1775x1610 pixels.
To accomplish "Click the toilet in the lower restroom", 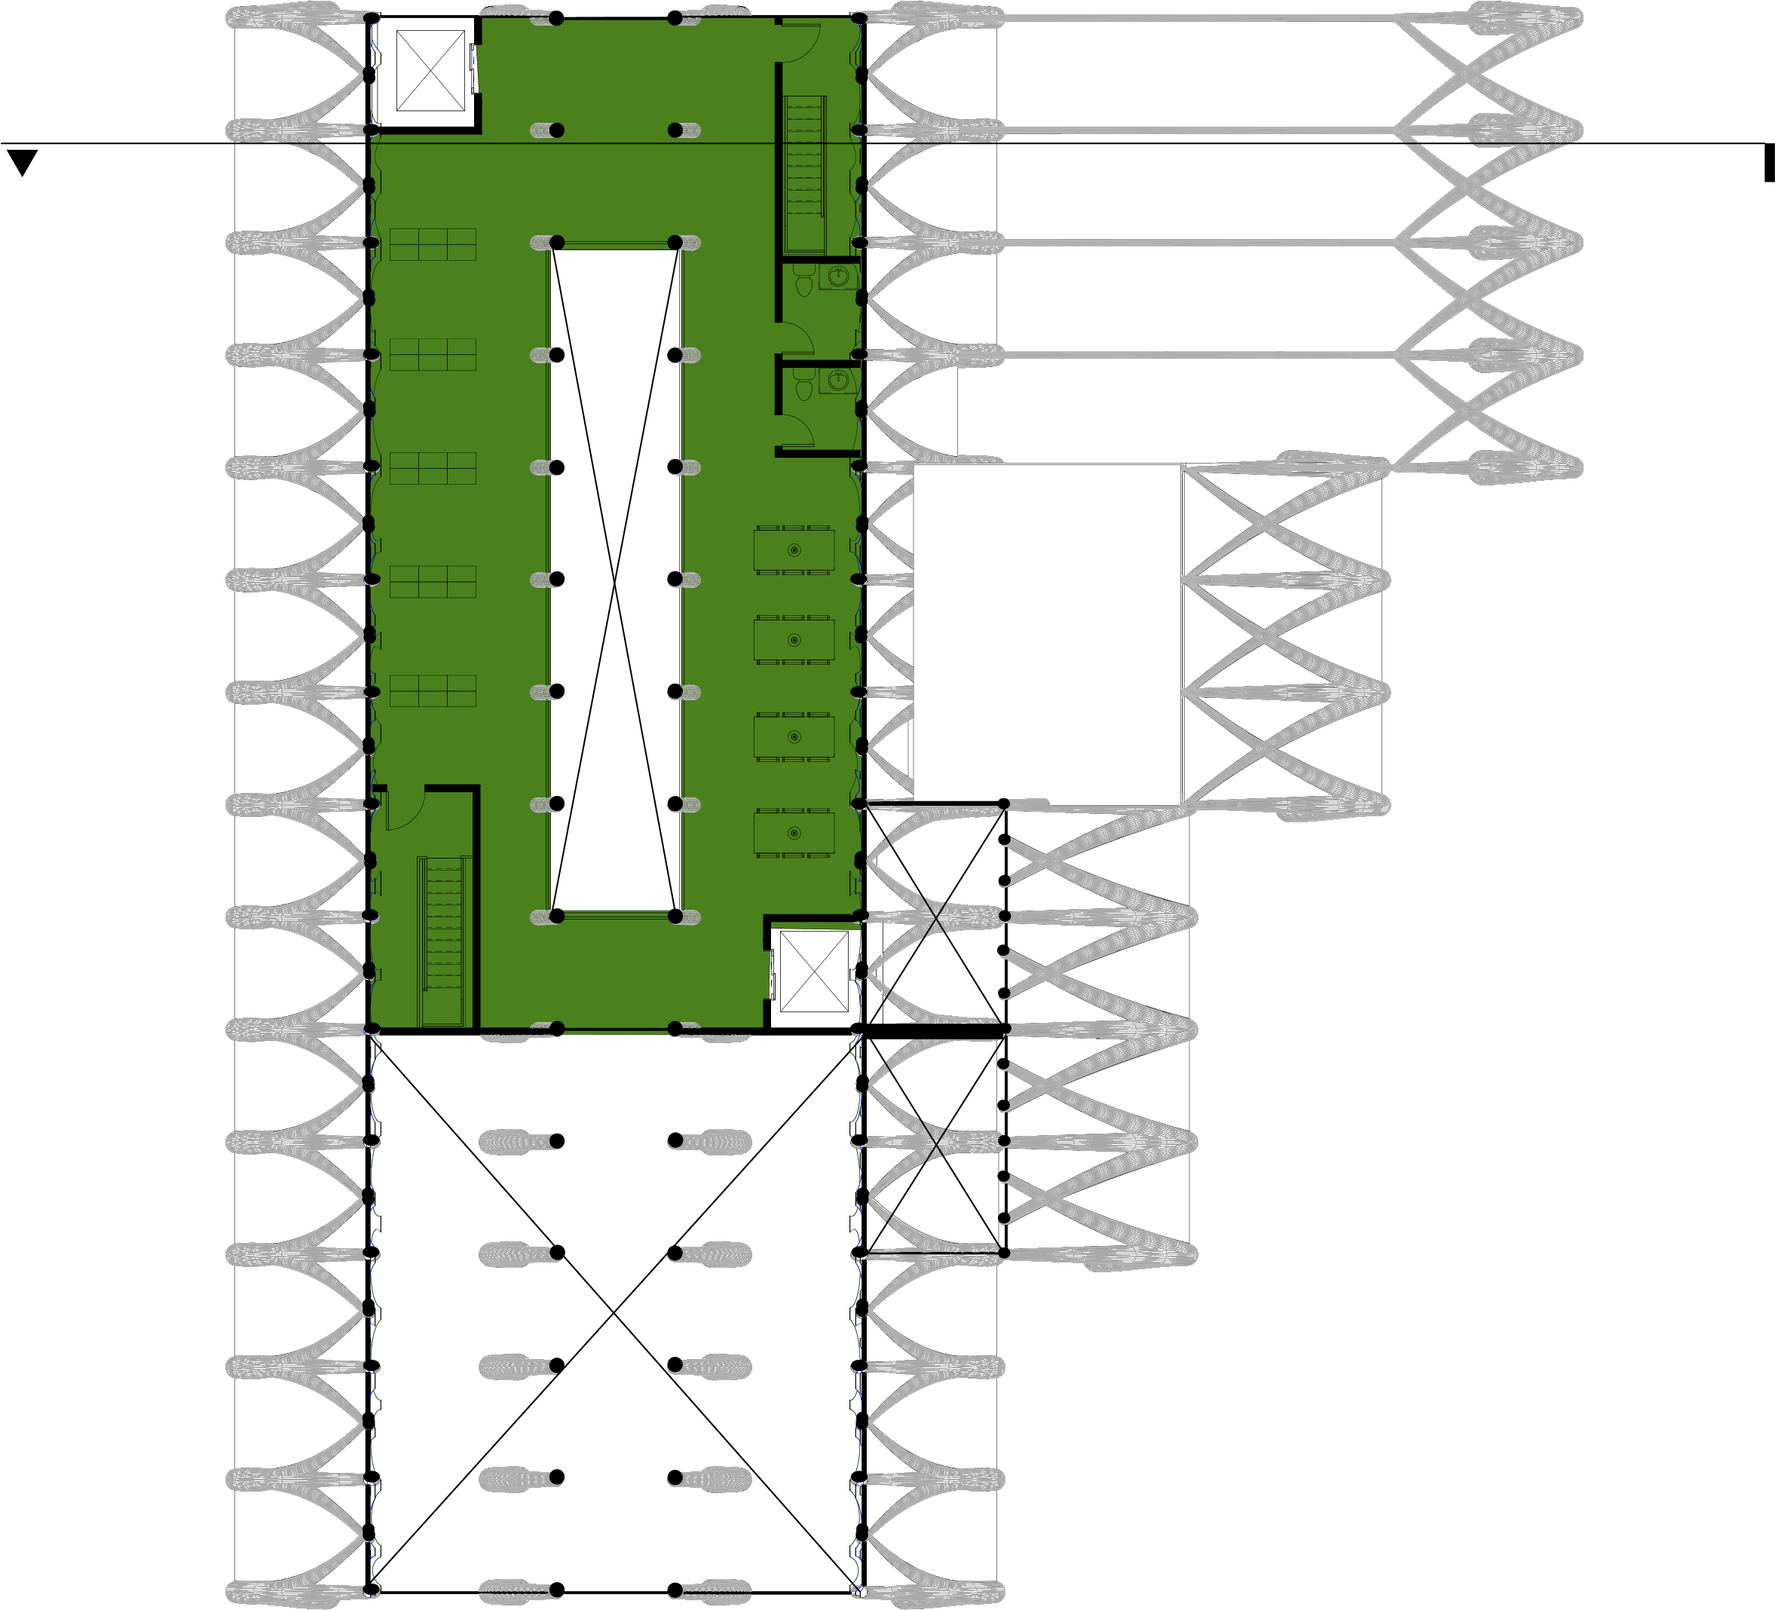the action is [x=803, y=387].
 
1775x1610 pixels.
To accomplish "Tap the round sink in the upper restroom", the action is [x=837, y=277].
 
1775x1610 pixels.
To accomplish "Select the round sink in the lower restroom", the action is [x=837, y=381].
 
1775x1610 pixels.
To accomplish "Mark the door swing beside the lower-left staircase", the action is [x=403, y=808].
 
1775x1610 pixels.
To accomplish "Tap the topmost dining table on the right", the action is [x=794, y=550].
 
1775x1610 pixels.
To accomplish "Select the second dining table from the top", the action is [x=794, y=640].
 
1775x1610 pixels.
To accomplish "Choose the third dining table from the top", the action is [x=794, y=736].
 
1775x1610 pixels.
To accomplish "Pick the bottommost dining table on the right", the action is [x=794, y=833].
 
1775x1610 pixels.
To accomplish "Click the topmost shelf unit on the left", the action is [x=433, y=245].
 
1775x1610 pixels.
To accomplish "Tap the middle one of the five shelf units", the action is [x=433, y=468].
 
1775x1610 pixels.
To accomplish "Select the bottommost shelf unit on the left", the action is [x=433, y=691].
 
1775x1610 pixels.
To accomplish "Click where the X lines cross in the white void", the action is [x=614, y=581].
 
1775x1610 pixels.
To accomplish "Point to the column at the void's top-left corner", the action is [x=556, y=242].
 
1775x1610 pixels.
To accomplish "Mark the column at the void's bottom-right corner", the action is [x=675, y=917].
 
